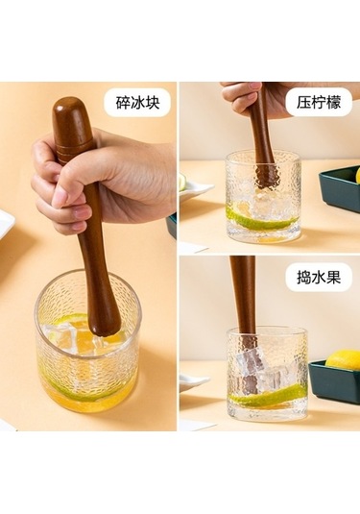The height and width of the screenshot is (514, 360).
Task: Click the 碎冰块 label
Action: (x=137, y=103)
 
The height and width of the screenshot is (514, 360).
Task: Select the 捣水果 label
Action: (x=318, y=278)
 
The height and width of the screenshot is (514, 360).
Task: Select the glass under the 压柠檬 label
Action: (x=262, y=197)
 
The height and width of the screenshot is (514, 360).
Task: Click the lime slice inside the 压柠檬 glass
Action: (x=259, y=220)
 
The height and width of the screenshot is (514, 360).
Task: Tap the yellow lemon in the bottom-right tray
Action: (x=344, y=359)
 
